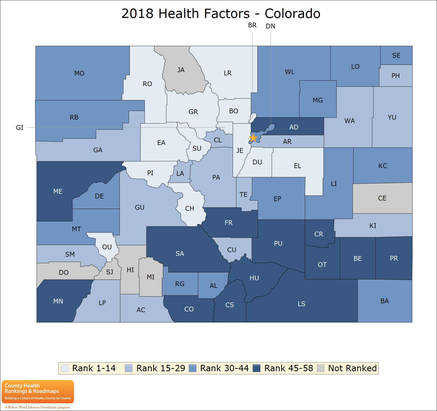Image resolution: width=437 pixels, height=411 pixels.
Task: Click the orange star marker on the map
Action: point(253,138)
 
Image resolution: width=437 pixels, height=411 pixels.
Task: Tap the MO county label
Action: point(79,73)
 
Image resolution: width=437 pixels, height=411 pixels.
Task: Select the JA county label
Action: point(181,70)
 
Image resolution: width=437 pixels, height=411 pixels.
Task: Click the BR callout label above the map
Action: point(252,25)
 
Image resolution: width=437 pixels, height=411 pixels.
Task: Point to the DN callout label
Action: point(270,26)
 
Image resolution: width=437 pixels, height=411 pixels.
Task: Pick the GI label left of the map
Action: point(20,128)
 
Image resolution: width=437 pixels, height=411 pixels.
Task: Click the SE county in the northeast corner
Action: point(396,55)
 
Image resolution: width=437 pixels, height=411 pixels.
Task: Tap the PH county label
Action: point(395,76)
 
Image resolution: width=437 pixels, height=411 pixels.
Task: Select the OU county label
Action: point(107,247)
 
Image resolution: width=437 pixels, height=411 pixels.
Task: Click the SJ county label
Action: point(110,272)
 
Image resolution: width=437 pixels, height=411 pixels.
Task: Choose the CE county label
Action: point(382,198)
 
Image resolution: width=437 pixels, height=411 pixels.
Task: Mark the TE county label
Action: point(244,194)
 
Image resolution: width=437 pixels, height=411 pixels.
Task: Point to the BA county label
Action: point(385,301)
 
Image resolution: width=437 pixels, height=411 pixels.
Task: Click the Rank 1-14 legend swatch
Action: point(65,368)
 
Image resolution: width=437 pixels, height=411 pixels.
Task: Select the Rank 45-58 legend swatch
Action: point(256,368)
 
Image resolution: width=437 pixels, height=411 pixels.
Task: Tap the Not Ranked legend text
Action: point(352,368)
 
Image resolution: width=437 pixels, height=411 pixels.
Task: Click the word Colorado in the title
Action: point(292,13)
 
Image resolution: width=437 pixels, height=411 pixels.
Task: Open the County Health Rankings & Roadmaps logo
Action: point(38,392)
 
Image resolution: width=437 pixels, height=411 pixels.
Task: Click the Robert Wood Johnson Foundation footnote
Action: point(37,407)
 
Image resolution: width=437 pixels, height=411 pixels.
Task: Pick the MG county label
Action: point(318,100)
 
